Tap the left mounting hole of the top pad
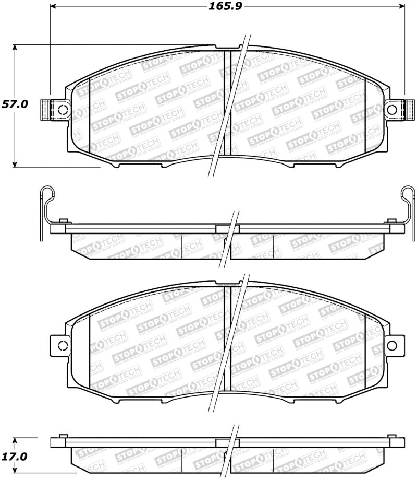62,110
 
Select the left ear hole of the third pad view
62,345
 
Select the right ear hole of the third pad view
392,345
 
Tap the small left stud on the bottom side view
64,436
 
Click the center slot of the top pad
227,102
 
